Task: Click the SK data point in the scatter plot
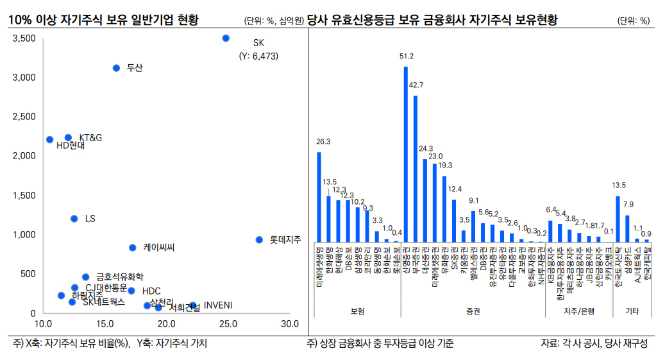(226, 39)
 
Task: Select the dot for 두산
(116, 68)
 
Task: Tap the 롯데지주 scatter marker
(259, 239)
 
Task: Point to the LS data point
(74, 219)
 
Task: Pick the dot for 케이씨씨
(132, 248)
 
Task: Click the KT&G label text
(90, 137)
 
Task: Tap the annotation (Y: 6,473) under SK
(260, 56)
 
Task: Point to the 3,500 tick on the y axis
(24, 39)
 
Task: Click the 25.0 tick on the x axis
(228, 323)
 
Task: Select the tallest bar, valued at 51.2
(406, 154)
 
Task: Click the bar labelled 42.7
(416, 168)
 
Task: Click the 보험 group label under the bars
(357, 311)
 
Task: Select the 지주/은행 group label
(579, 311)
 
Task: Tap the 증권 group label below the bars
(473, 311)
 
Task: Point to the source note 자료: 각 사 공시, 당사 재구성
(594, 343)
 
